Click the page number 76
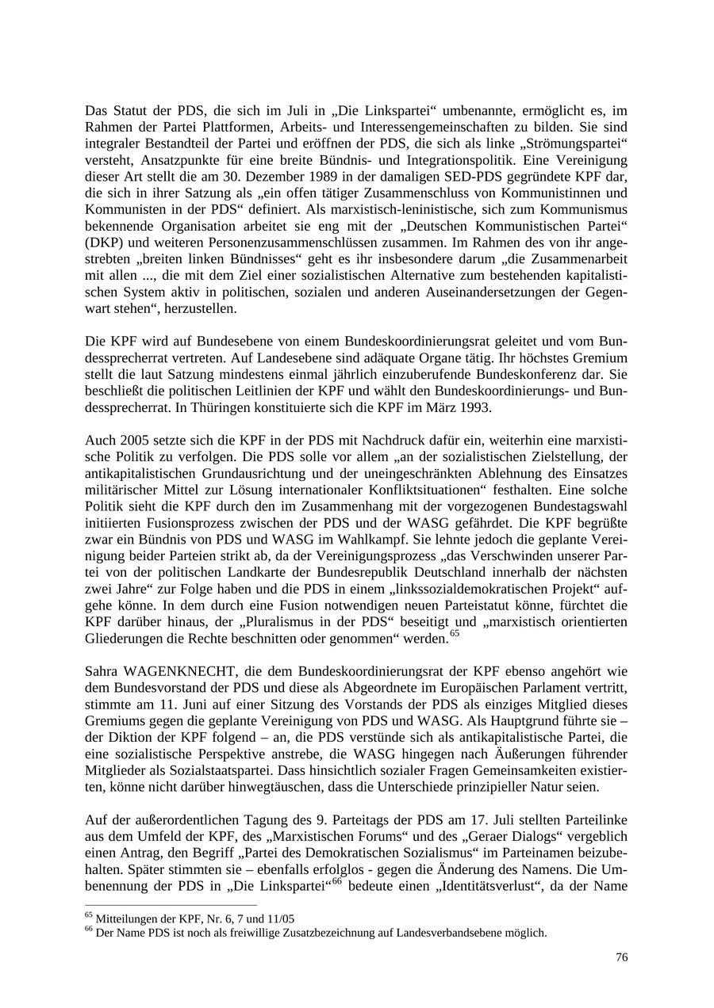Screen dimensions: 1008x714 pos(621,956)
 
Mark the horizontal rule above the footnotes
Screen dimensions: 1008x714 pos(171,905)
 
